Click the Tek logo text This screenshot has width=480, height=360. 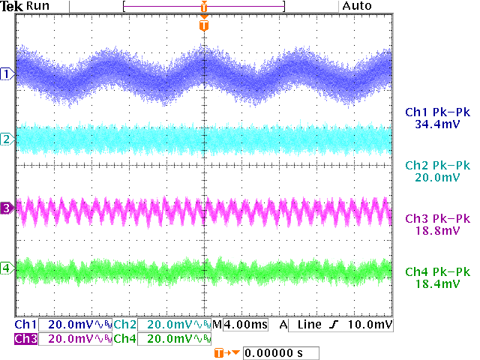click(x=13, y=6)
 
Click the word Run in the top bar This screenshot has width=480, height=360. click(x=37, y=6)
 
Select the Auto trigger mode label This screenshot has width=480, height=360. click(x=356, y=6)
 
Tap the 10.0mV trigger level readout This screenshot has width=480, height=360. click(x=373, y=325)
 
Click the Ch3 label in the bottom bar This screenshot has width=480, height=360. click(x=25, y=338)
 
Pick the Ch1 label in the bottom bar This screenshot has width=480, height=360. click(x=25, y=325)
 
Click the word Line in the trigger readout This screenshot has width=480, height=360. click(x=308, y=325)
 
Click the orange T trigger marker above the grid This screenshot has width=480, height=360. click(x=204, y=25)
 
